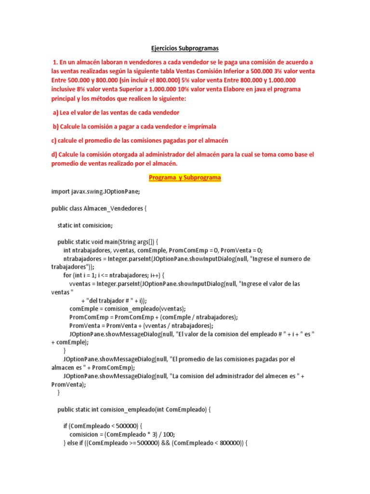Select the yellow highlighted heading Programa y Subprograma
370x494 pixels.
pyautogui.click(x=185, y=178)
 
